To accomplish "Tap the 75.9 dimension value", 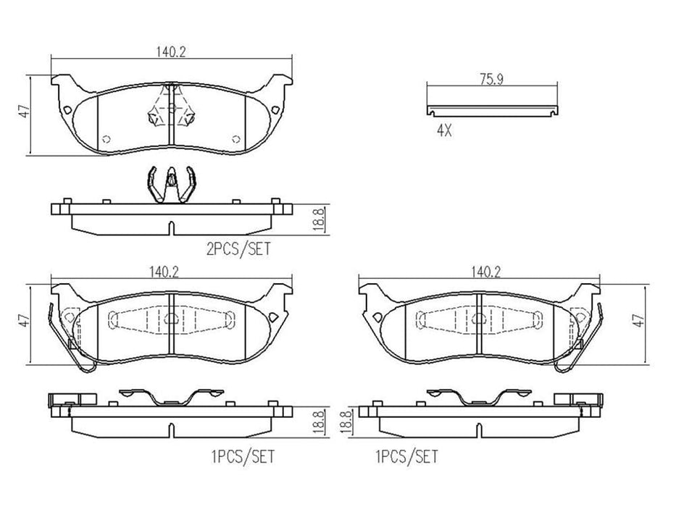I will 492,81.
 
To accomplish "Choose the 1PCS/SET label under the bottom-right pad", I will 406,456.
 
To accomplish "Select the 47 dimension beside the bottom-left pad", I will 23,319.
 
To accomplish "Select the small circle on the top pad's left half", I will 106,139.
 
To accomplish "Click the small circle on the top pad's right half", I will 234,139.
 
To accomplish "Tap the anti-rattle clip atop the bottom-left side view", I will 171,397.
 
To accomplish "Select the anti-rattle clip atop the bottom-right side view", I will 479,397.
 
